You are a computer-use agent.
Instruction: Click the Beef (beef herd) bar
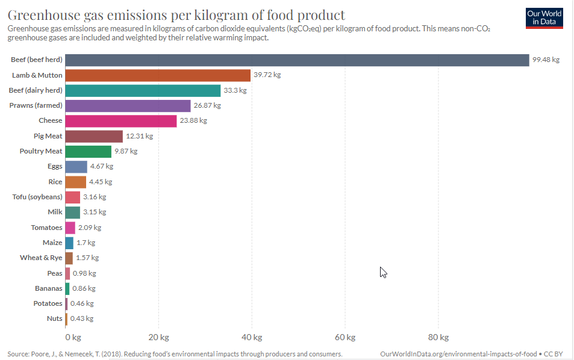point(296,60)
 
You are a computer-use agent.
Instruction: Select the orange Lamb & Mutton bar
point(157,75)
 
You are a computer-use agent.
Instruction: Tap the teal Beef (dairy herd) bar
point(143,90)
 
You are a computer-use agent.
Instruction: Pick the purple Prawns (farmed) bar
point(128,105)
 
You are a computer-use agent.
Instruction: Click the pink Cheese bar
point(120,120)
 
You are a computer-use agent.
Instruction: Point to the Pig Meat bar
point(93,136)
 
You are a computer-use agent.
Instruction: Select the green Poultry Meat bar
point(88,151)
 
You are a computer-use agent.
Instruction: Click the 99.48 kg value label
point(546,60)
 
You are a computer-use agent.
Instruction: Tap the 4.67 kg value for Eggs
point(101,166)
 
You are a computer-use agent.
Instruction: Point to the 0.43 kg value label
point(82,318)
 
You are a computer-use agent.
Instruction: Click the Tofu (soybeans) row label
point(37,197)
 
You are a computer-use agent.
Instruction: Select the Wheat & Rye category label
point(41,258)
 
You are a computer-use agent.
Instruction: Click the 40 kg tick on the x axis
point(252,337)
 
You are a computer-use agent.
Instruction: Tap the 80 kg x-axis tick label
point(438,337)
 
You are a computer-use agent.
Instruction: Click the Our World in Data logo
point(544,17)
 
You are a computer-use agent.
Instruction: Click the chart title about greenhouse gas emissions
point(176,14)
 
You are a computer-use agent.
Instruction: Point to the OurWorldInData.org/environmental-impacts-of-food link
point(458,354)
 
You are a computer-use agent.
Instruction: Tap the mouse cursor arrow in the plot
point(383,272)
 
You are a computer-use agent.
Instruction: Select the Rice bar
point(75,182)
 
